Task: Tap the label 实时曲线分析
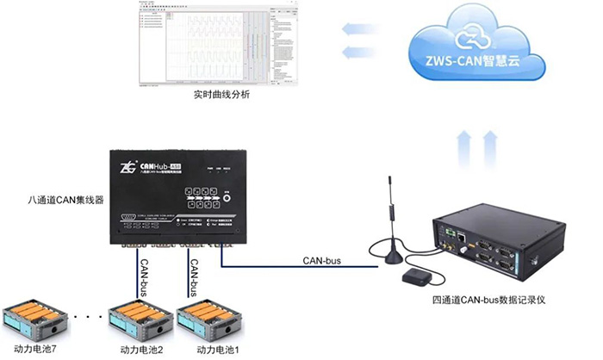[221, 94]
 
